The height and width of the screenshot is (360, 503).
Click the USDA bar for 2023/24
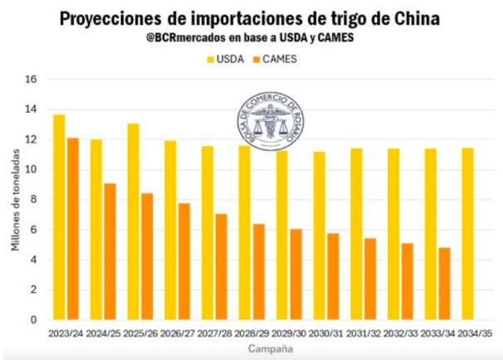click(x=59, y=217)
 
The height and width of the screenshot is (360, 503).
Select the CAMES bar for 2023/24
click(x=73, y=229)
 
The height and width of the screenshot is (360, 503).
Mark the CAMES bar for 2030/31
click(x=333, y=276)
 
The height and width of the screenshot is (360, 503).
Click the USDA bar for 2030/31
click(x=319, y=236)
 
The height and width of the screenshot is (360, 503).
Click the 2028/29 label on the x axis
click(x=251, y=333)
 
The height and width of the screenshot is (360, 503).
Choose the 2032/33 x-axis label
click(x=400, y=333)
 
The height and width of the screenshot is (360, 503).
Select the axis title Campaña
click(x=270, y=349)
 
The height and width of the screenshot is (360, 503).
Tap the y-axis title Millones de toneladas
click(x=15, y=200)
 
